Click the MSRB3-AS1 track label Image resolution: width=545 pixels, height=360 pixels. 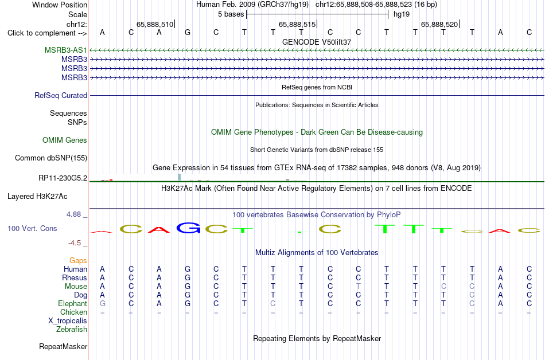click(x=66, y=50)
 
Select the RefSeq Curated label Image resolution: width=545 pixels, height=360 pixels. click(x=61, y=96)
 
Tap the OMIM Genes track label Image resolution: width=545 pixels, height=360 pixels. click(x=65, y=140)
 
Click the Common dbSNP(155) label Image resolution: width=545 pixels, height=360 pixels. click(x=51, y=158)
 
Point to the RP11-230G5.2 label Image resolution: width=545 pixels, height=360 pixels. click(x=63, y=178)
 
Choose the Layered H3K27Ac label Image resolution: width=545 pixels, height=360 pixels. click(x=37, y=197)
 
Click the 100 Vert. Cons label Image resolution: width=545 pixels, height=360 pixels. click(x=32, y=228)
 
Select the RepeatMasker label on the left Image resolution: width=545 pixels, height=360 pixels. click(x=63, y=346)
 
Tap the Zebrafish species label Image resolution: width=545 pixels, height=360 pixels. click(x=72, y=329)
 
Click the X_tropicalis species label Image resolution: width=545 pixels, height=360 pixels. click(x=68, y=321)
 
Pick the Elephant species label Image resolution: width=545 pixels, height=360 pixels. click(x=73, y=303)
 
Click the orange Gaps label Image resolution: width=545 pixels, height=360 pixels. click(x=78, y=260)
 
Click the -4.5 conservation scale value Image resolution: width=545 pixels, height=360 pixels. click(x=75, y=243)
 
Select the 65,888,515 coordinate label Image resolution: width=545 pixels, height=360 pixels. click(x=297, y=25)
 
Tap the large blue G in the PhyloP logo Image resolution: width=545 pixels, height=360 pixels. click(x=188, y=228)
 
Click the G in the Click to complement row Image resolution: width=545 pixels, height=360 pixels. click(x=188, y=33)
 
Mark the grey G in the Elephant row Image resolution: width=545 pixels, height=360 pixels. click(x=103, y=303)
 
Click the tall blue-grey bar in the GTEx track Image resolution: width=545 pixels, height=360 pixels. click(x=180, y=177)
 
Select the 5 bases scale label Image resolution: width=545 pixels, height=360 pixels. click(x=231, y=14)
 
